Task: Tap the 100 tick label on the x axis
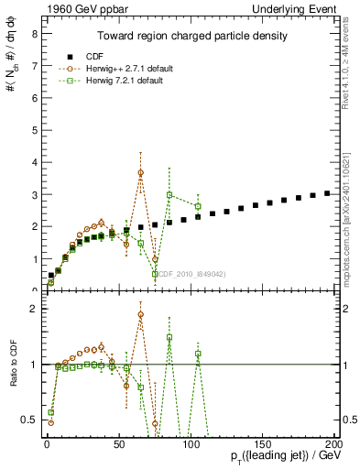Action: pos(190,442)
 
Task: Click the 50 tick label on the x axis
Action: pos(117,442)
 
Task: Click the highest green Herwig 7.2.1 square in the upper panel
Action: pos(169,194)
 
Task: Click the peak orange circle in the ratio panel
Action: pos(141,314)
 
